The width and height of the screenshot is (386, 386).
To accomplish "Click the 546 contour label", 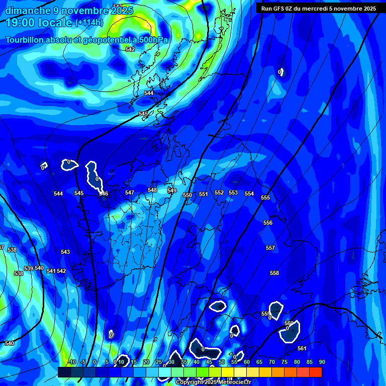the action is tap(104, 194).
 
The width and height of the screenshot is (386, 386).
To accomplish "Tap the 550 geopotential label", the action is tap(187, 195).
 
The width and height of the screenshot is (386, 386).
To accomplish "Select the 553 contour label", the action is tap(233, 192).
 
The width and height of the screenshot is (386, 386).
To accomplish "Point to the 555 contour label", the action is tap(265, 198).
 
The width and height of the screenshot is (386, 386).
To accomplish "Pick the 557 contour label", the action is tap(270, 248).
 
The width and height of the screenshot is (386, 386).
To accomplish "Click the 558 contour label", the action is tap(274, 273).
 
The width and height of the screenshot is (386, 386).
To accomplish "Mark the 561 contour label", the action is tap(302, 348).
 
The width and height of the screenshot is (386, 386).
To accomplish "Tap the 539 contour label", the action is tap(29, 268).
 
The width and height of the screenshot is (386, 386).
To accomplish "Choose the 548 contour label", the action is tap(152, 190).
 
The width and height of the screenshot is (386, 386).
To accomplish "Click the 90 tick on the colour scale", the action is tap(322, 362).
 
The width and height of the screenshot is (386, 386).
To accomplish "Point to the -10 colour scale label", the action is tap(72, 362).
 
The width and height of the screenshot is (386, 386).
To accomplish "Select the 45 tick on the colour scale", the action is tap(209, 362).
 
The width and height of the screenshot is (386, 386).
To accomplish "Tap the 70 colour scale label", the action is tap(271, 362).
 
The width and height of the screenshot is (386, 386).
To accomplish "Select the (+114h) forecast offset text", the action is tap(90, 23).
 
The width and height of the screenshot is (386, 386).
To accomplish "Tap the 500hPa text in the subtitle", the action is tap(151, 40).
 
